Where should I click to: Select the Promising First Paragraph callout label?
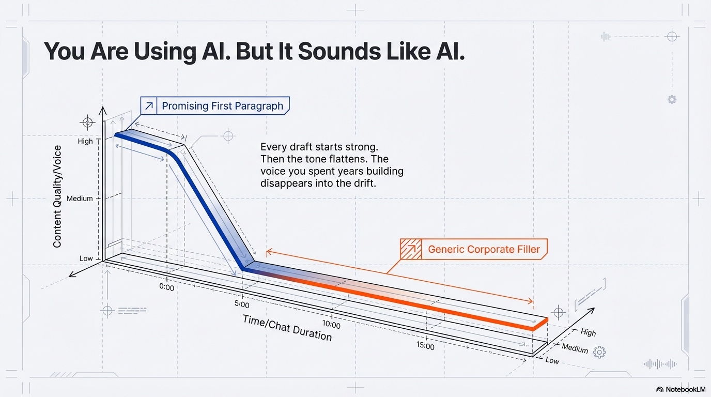[222, 106]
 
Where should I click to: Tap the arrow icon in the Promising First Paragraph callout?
[149, 106]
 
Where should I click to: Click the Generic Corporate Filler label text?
[484, 250]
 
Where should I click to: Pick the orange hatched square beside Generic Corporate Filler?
[411, 250]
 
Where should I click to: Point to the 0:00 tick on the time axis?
[167, 286]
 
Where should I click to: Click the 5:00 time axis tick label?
[242, 304]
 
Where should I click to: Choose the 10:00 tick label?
[331, 325]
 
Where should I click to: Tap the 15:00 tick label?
[425, 346]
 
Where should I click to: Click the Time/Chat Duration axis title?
[287, 328]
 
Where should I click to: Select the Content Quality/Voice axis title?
[57, 196]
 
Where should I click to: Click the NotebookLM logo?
[681, 389]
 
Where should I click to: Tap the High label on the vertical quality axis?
[85, 141]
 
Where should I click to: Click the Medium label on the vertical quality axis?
[80, 198]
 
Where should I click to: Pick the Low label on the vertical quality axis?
[86, 258]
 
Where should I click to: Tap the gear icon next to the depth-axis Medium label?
[599, 353]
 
